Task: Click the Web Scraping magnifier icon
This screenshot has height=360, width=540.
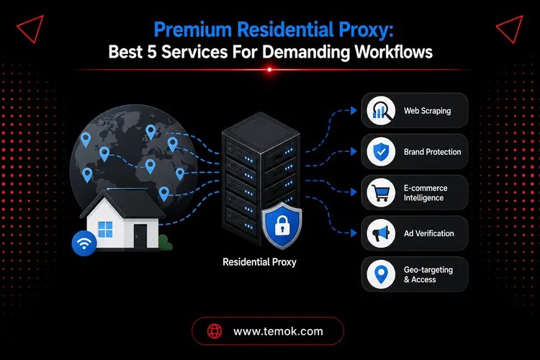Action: click(x=381, y=111)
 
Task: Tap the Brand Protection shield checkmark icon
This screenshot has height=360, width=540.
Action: click(x=381, y=152)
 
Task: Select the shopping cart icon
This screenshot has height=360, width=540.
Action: click(x=381, y=192)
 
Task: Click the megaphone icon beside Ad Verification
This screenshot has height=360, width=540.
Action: click(x=381, y=233)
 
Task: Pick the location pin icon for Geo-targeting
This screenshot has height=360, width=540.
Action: click(x=381, y=274)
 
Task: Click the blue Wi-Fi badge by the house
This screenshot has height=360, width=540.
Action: click(x=84, y=243)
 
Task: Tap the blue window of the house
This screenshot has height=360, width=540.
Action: click(x=105, y=230)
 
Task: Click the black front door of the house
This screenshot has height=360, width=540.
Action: click(x=140, y=235)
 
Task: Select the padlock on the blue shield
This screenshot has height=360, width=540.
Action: click(x=282, y=225)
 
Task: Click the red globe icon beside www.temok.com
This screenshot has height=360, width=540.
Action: click(x=215, y=331)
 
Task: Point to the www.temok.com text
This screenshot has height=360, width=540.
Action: click(x=278, y=331)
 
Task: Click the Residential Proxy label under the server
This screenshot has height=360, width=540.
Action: click(x=259, y=262)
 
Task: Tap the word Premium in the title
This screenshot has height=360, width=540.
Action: click(x=192, y=30)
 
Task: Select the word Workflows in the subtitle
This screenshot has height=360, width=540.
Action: click(x=394, y=52)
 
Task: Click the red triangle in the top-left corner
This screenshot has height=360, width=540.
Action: click(x=30, y=29)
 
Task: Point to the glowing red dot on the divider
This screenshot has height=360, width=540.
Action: click(x=270, y=70)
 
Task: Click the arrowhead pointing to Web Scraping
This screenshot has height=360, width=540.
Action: click(x=354, y=111)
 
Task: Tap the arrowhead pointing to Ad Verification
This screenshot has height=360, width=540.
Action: click(x=354, y=233)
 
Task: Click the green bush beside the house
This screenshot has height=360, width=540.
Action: click(x=166, y=242)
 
